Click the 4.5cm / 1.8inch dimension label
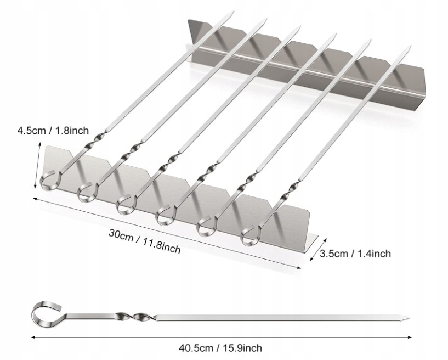[x=53, y=131]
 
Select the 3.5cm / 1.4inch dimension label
[x=355, y=254]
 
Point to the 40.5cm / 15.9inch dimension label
[x=220, y=347]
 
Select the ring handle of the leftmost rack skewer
[x=49, y=179]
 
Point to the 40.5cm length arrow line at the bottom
[x=219, y=336]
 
